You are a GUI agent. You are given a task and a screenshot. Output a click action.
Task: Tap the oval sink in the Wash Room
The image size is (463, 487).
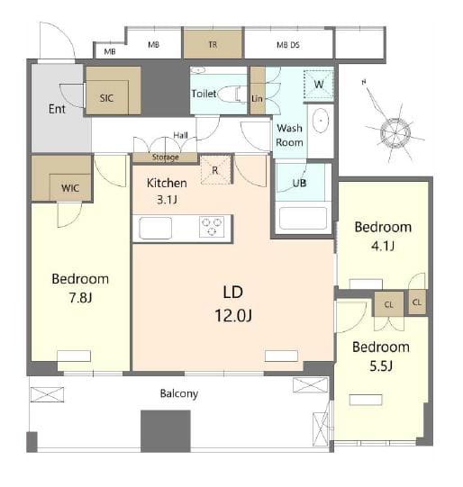click(x=321, y=121)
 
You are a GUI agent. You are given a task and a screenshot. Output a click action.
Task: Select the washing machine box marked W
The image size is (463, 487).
click(x=319, y=85)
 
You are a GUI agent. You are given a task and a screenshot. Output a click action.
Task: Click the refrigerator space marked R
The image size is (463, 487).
click(x=215, y=169)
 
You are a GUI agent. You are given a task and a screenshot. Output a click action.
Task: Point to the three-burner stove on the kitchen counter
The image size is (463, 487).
click(x=212, y=227)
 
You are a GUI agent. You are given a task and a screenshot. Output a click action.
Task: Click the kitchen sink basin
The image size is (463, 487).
click(x=155, y=228)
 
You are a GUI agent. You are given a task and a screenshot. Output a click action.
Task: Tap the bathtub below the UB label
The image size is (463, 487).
click(x=303, y=218)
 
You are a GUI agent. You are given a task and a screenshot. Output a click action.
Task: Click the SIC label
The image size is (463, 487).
click(x=106, y=98)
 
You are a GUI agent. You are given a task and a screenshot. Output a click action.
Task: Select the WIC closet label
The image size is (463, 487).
click(x=70, y=188)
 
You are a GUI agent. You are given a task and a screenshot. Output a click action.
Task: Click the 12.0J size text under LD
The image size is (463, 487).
click(x=233, y=316)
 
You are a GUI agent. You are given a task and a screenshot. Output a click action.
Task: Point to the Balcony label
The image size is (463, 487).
click(x=179, y=393)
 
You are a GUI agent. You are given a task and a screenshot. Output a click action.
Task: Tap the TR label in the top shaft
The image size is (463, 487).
click(x=213, y=45)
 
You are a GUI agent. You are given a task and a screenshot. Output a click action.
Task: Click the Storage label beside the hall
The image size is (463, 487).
click(x=166, y=158)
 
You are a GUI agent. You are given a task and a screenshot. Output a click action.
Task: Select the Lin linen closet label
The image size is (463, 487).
click(x=257, y=98)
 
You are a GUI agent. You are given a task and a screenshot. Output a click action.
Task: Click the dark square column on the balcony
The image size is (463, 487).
click(x=166, y=431)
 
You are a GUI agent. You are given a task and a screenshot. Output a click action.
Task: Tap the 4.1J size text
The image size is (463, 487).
click(x=383, y=246)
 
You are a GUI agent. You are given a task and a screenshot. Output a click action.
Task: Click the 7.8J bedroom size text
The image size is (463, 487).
click(x=80, y=298)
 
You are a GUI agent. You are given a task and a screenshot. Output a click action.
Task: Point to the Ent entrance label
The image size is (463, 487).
click(x=57, y=109)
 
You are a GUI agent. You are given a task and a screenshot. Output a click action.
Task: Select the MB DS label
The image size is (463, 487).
click(x=288, y=45)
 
